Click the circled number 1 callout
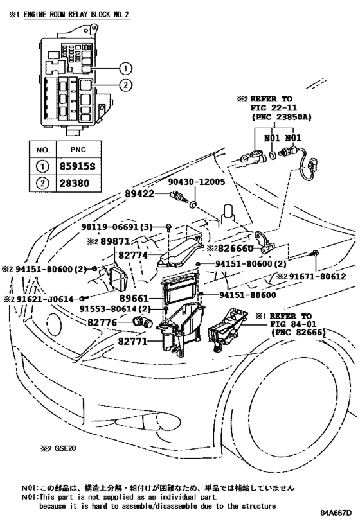click(x=126, y=68)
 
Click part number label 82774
click(x=134, y=256)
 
